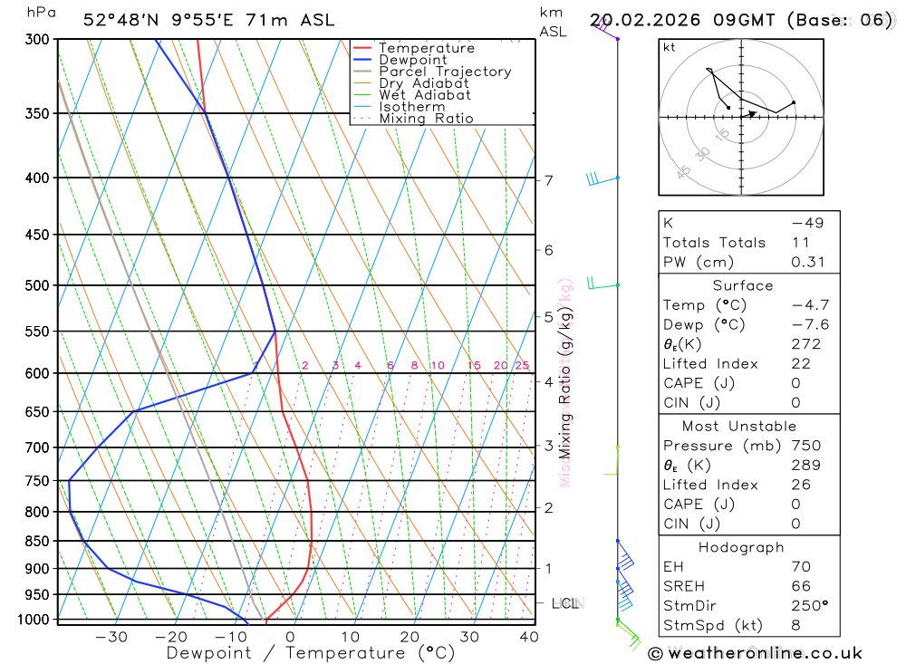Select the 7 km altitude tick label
(x=549, y=180)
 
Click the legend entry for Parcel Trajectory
(x=445, y=72)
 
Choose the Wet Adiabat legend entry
(x=425, y=95)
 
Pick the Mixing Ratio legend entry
(x=426, y=119)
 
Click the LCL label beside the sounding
(x=565, y=603)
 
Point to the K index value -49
(x=807, y=223)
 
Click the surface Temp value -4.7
(x=810, y=305)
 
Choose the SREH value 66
(x=801, y=586)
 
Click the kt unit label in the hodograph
(x=669, y=48)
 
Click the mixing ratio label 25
(x=522, y=366)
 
